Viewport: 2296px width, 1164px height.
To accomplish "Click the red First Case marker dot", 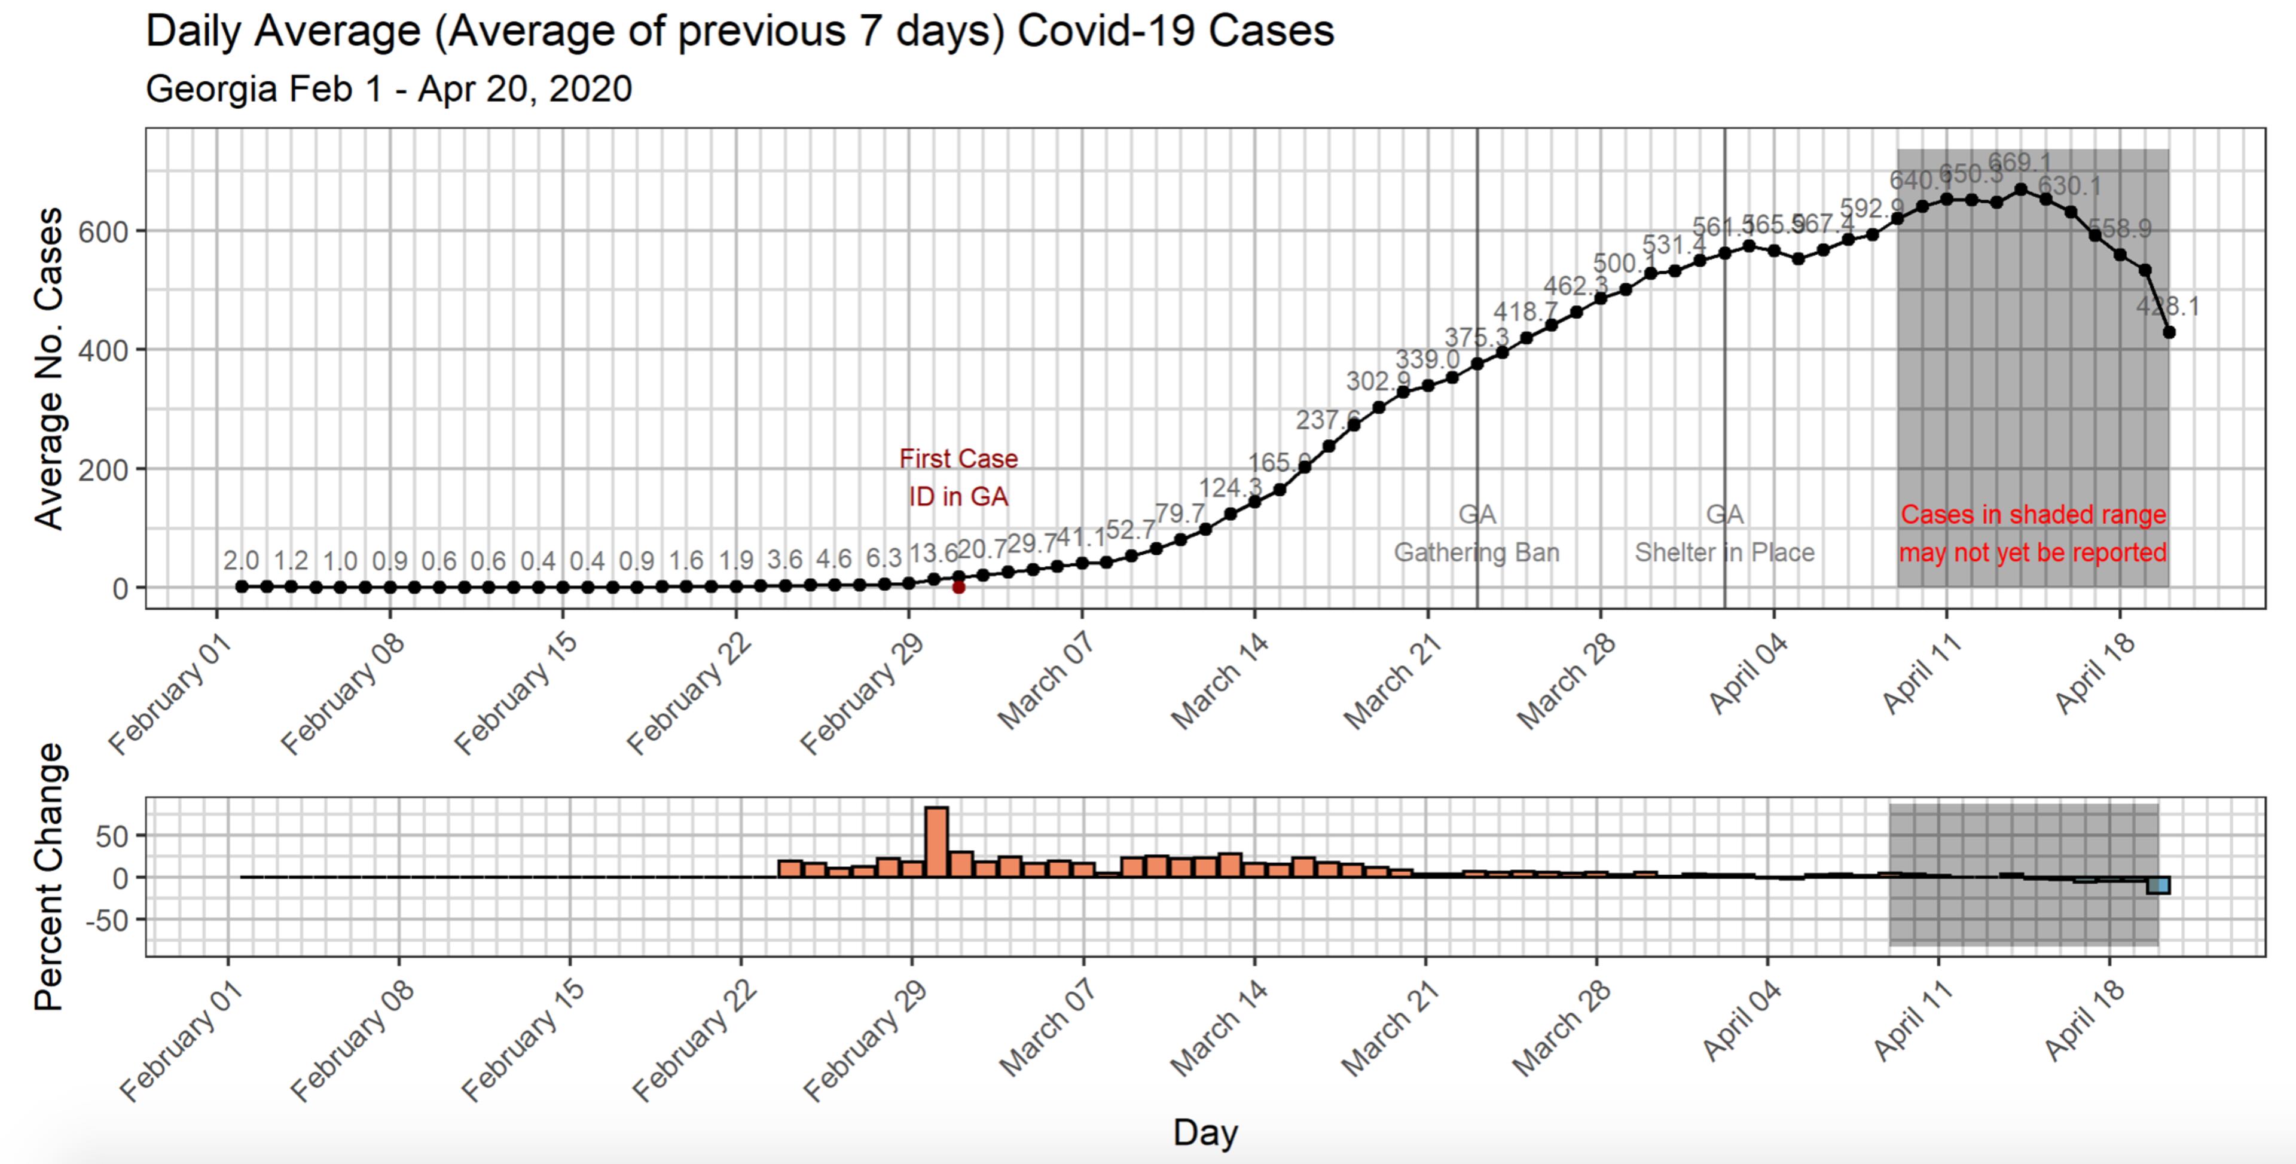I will (958, 587).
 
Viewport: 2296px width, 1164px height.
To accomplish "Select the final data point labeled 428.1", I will (2169, 332).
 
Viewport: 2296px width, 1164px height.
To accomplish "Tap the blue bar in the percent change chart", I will (2158, 885).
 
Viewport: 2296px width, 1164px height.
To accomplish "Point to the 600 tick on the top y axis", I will (102, 232).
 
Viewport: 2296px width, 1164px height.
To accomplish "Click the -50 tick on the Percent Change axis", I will (107, 920).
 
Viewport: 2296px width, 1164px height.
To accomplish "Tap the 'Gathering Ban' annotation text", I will (1476, 552).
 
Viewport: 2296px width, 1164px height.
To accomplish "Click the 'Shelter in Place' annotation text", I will (1724, 552).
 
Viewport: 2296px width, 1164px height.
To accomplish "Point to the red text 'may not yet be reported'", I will (2032, 552).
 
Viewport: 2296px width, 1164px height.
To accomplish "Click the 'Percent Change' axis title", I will (49, 877).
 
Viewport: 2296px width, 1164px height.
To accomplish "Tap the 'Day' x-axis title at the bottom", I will (1205, 1132).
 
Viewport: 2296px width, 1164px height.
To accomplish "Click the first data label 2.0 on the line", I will (240, 561).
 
